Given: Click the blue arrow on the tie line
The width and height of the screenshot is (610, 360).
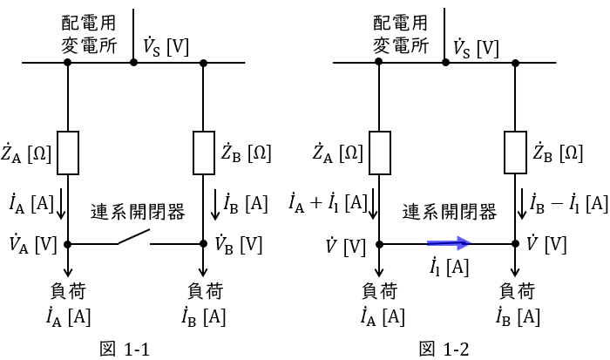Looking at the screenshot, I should (450, 245).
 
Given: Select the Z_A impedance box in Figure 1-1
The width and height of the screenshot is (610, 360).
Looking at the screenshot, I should (68, 153).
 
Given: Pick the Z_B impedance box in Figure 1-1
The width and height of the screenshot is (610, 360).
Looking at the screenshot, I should (203, 153).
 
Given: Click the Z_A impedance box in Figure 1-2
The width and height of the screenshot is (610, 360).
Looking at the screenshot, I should (379, 153).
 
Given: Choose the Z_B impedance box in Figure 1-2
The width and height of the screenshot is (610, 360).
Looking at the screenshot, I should (515, 153).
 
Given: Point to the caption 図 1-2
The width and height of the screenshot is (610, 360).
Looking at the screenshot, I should (444, 349).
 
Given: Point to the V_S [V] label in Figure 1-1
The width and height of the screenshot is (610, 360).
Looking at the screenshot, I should (165, 46).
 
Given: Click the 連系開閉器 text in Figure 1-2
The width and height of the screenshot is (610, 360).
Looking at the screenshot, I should (450, 212).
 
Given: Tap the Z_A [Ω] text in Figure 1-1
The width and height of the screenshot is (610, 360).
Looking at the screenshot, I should (26, 153).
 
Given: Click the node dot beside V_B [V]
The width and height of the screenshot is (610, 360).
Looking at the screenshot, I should (203, 245).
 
